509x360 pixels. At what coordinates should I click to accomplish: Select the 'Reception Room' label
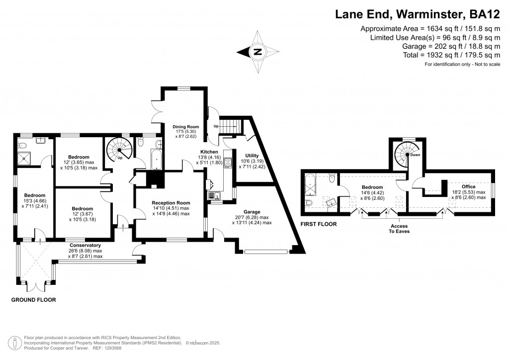(170, 202)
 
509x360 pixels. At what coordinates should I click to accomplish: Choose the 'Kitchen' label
(209, 151)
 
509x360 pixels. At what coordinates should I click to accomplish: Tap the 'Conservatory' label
(85, 245)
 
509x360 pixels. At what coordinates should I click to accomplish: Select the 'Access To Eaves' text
(396, 229)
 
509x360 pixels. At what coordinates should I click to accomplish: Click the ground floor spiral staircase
(120, 147)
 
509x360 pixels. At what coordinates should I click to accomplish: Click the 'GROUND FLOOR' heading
(33, 300)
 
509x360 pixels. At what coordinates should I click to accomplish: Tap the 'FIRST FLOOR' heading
(319, 224)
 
